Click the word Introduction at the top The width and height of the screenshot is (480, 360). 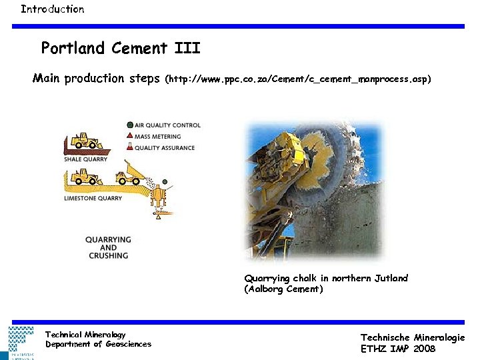click(52, 9)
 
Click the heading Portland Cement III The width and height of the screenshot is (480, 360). click(120, 49)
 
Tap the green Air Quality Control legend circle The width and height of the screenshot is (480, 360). click(129, 125)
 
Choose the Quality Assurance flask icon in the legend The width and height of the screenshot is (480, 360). click(129, 147)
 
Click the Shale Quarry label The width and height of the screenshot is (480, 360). click(85, 159)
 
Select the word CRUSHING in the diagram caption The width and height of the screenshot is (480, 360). click(107, 255)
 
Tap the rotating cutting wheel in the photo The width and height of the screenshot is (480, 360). click(327, 160)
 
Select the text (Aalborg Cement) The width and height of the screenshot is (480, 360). click(283, 289)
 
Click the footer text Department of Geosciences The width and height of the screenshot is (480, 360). click(98, 344)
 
